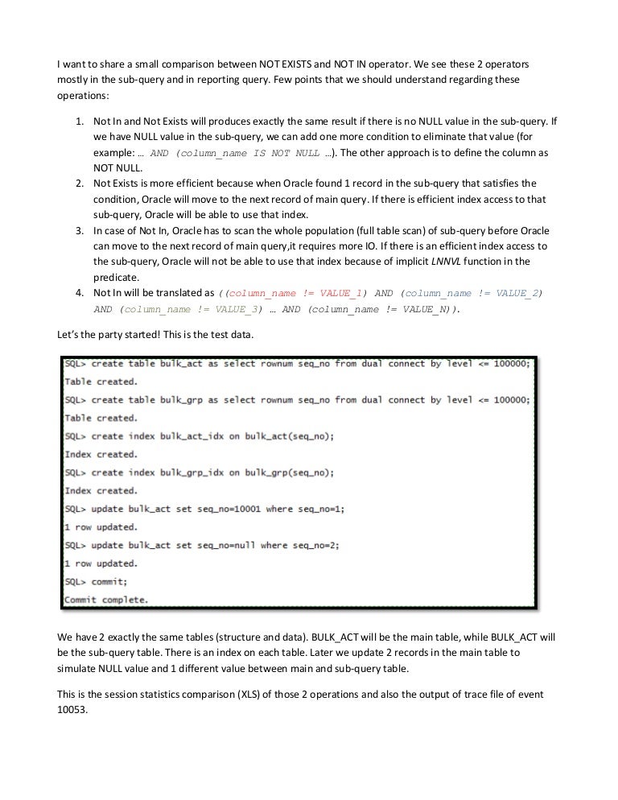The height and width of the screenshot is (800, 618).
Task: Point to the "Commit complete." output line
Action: [x=105, y=599]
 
